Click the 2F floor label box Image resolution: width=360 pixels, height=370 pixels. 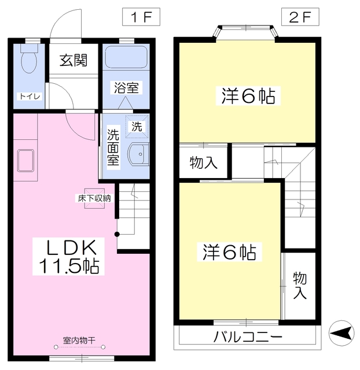[300, 17]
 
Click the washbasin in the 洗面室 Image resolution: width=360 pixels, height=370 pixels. [138, 154]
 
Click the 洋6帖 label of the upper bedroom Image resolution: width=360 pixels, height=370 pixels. [248, 95]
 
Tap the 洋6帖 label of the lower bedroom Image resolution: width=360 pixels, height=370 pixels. [229, 252]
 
